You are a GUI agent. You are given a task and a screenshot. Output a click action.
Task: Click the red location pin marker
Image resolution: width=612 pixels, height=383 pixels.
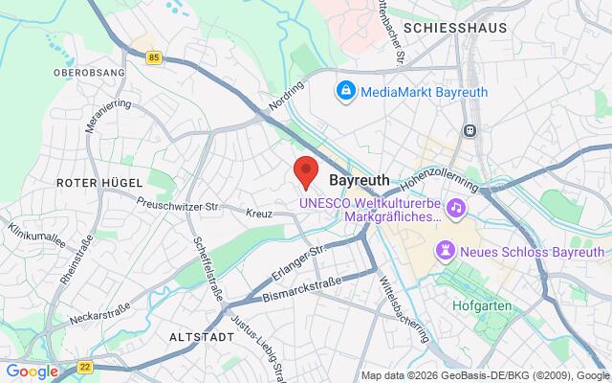click(305, 170)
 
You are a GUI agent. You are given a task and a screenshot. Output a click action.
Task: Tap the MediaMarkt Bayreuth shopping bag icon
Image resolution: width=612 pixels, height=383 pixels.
click(344, 92)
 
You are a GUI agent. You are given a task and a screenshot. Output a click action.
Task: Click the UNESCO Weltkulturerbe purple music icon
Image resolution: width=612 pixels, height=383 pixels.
click(457, 207)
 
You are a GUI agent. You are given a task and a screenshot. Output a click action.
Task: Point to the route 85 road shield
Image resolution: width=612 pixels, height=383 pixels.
click(155, 58)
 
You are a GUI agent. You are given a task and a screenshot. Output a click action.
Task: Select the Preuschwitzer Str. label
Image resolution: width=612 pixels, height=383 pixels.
click(180, 204)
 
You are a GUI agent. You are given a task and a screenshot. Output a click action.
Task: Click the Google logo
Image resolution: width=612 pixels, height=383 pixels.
click(31, 371)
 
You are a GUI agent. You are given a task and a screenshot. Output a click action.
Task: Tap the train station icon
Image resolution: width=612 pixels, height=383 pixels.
click(470, 130)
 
